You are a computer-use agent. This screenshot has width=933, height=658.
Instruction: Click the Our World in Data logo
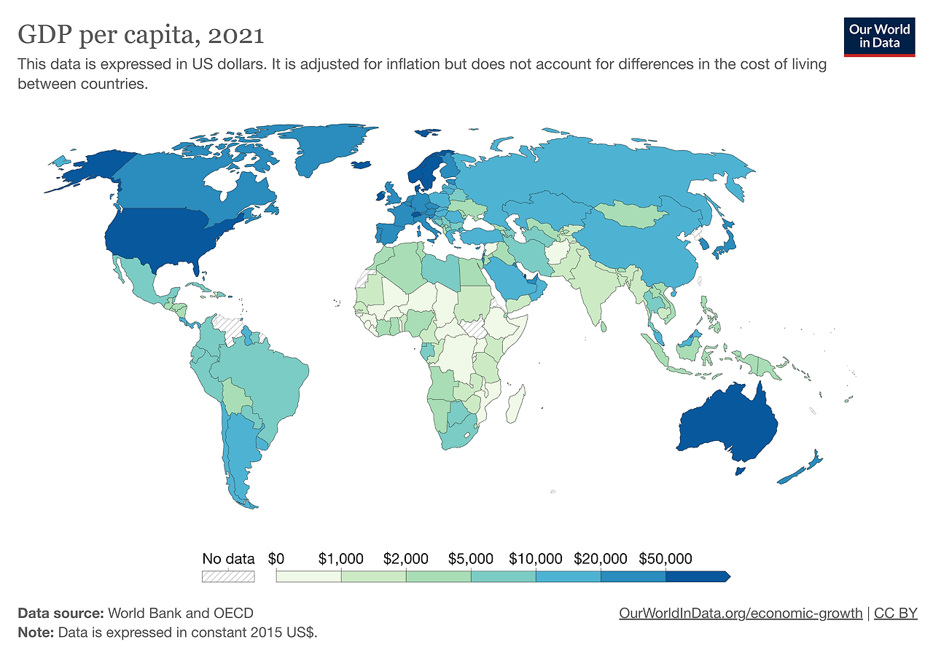click(878, 36)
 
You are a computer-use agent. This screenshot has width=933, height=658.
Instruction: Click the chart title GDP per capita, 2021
click(141, 34)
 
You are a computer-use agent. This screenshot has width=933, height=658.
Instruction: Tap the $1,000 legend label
click(340, 559)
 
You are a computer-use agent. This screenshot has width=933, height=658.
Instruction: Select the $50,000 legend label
click(665, 559)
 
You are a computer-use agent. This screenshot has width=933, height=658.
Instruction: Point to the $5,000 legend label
click(470, 559)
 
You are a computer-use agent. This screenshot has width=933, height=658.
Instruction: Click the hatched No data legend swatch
click(228, 576)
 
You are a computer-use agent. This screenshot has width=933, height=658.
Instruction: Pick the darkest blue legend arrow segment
click(697, 576)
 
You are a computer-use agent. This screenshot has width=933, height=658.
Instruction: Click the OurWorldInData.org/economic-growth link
click(741, 613)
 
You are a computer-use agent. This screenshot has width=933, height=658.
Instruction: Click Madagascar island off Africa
click(515, 405)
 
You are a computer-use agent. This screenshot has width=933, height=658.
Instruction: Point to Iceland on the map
click(362, 165)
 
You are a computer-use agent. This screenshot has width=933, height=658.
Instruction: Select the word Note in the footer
click(35, 632)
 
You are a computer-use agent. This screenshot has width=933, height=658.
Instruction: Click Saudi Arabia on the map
click(504, 281)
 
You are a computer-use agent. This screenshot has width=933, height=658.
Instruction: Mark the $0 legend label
click(276, 559)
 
